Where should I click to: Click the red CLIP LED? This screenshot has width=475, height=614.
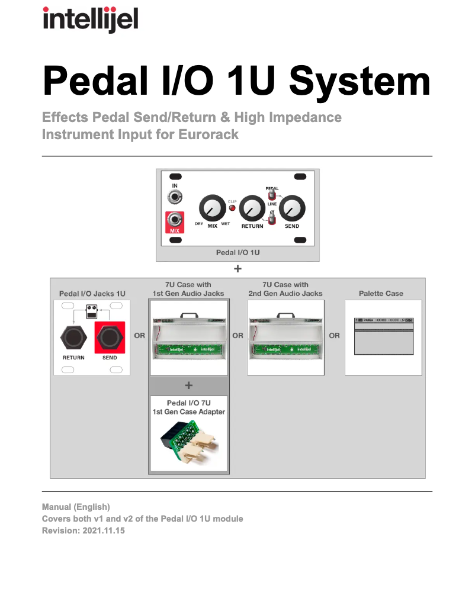pos(232,208)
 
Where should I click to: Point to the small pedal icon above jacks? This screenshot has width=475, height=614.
pos(92,310)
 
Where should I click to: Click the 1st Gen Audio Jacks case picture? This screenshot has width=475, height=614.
pos(188,337)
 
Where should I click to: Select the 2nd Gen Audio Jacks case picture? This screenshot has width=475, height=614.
pos(286,337)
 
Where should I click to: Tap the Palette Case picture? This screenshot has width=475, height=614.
pos(383,337)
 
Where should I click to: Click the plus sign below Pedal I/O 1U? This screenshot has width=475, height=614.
pos(237,269)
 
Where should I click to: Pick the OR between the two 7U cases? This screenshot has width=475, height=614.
pos(237,336)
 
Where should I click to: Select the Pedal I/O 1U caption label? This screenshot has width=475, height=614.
pos(237,252)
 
